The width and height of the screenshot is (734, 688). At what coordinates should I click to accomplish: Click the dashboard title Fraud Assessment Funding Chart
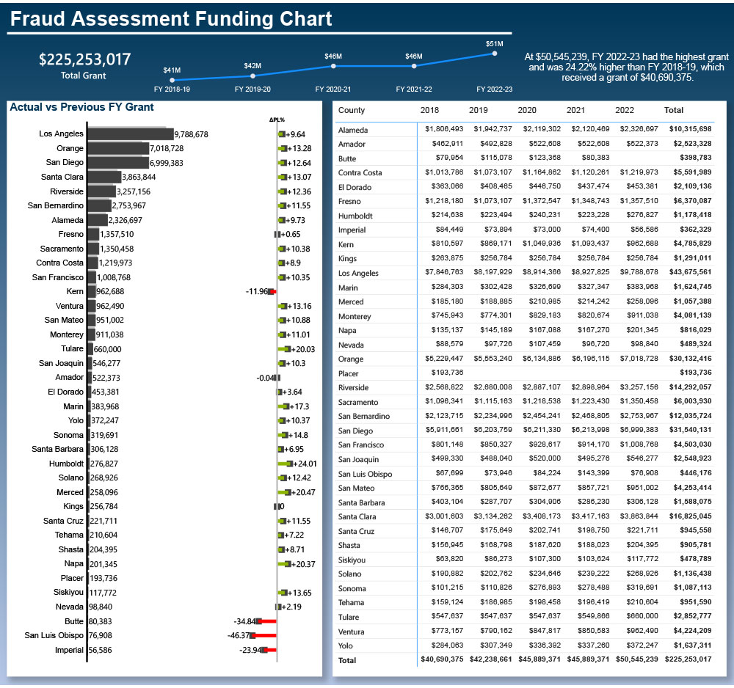(x=171, y=18)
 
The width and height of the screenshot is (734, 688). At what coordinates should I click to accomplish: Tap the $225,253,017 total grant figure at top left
(x=84, y=59)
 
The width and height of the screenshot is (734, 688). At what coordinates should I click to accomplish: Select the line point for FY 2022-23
(x=495, y=54)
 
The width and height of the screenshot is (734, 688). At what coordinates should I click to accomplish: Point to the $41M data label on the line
(x=172, y=70)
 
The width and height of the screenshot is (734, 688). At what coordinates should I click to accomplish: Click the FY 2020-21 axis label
(x=333, y=89)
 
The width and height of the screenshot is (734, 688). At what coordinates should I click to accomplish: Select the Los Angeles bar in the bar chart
(x=130, y=134)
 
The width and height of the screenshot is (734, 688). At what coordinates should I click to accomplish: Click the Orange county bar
(x=117, y=148)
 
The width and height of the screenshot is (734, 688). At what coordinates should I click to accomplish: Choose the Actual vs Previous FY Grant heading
(x=81, y=107)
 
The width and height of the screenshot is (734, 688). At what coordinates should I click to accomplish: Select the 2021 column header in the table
(x=575, y=110)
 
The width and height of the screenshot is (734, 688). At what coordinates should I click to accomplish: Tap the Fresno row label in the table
(x=349, y=202)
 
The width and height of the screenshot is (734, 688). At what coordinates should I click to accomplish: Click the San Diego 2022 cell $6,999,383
(x=638, y=431)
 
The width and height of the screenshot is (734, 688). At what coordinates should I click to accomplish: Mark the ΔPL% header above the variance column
(x=277, y=120)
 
